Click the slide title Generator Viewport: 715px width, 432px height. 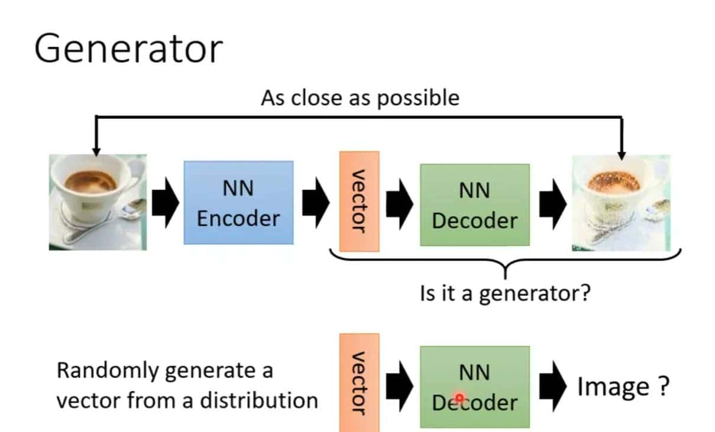point(128,49)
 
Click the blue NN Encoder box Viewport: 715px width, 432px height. point(238,203)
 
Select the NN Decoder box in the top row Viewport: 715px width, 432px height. point(474,205)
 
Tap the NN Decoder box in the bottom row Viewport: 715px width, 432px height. point(474,387)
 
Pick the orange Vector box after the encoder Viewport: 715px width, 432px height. point(359,201)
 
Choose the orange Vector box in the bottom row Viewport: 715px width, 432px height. point(359,382)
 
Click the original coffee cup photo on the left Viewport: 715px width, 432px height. point(98,202)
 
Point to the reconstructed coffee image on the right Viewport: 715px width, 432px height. point(621,203)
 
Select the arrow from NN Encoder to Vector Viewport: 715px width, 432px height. point(316,203)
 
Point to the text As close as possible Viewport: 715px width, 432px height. point(360,98)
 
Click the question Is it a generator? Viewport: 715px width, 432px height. point(504,293)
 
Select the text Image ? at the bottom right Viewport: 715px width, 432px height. point(623,386)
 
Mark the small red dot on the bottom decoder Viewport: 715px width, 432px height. point(459,398)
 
